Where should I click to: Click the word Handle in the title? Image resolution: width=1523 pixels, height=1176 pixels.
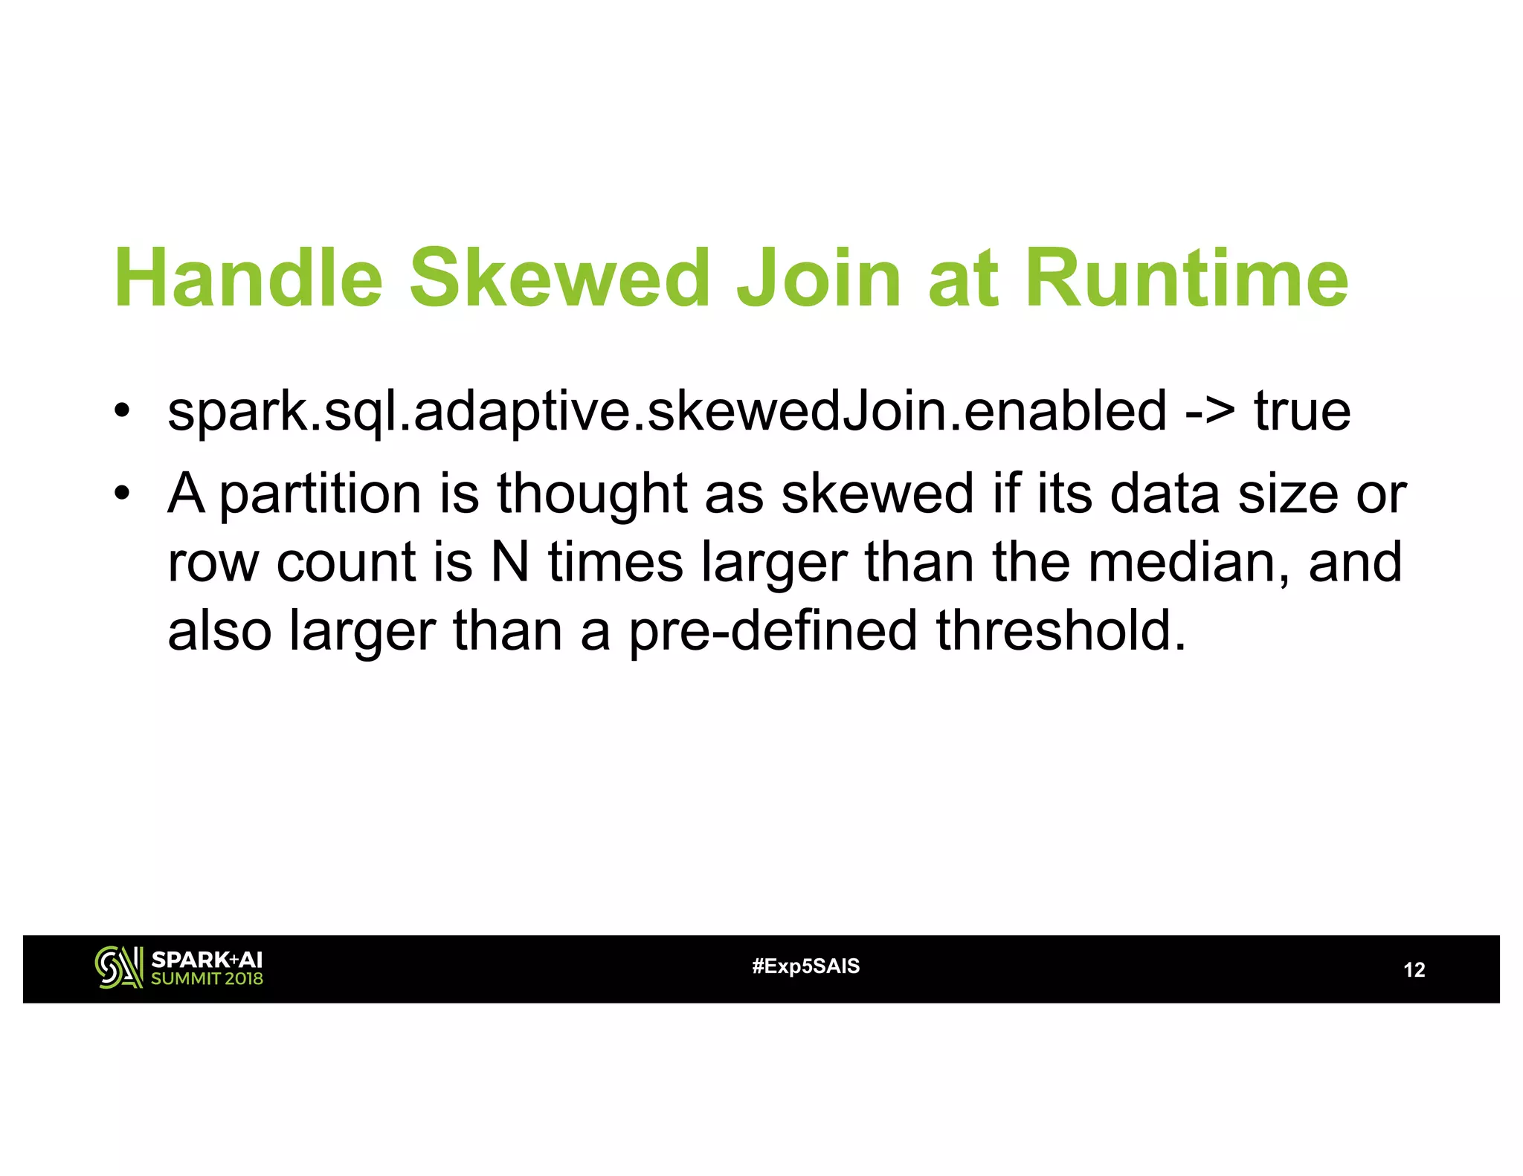pyautogui.click(x=248, y=278)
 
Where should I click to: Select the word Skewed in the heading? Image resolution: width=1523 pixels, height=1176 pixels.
pyautogui.click(x=560, y=278)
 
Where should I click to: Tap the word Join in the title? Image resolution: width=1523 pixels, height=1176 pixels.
pyautogui.click(x=819, y=278)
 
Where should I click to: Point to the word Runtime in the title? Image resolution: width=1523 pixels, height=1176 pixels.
pyautogui.click(x=1186, y=278)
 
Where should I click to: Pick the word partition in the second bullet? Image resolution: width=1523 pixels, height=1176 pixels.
pyautogui.click(x=321, y=495)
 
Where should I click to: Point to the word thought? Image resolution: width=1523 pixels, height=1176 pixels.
pyautogui.click(x=591, y=495)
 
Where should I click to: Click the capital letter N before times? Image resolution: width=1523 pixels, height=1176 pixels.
pyautogui.click(x=509, y=563)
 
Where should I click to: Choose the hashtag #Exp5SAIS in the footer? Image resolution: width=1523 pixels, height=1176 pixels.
pyautogui.click(x=805, y=966)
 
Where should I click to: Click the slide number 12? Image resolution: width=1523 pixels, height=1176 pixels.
pyautogui.click(x=1414, y=970)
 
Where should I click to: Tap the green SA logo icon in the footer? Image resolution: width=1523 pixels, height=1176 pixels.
pyautogui.click(x=118, y=968)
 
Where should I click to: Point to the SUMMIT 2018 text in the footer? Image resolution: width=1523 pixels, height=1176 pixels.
pyautogui.click(x=207, y=979)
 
